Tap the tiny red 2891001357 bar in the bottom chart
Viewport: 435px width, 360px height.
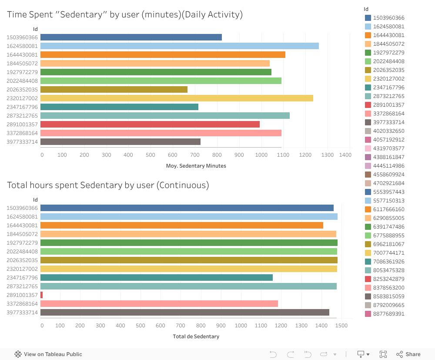(41, 295)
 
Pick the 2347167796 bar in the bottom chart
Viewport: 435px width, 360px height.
(157, 277)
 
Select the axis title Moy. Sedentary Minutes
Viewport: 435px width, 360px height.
(196, 166)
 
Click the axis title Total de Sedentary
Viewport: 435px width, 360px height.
(196, 336)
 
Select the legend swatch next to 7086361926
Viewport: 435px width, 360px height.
(368, 262)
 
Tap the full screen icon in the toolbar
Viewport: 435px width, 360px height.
(383, 354)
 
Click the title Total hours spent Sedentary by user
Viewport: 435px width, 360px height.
(108, 185)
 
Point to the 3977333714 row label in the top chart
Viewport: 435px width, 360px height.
(22, 141)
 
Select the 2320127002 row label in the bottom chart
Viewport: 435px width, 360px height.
(22, 269)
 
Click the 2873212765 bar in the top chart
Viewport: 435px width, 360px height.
(165, 115)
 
